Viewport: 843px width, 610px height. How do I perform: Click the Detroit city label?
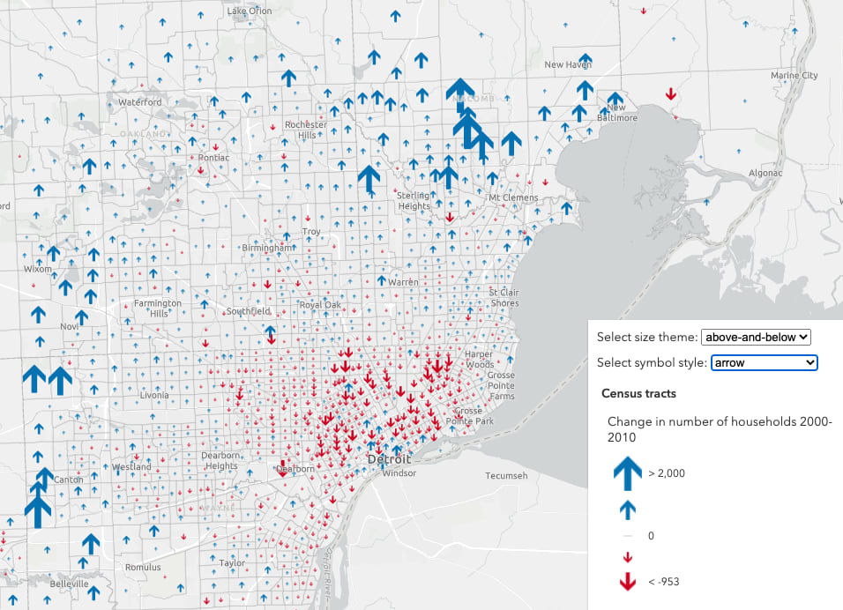pos(389,460)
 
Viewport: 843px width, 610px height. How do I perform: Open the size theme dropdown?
pos(755,337)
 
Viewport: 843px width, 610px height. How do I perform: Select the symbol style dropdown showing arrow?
pos(765,362)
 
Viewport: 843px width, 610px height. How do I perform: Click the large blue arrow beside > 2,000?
pos(627,473)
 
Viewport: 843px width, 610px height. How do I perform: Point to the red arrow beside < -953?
pos(627,581)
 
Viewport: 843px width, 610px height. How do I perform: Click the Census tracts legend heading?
pos(638,393)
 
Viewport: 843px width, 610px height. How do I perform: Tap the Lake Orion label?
pos(250,11)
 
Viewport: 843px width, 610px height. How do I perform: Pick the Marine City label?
pos(794,76)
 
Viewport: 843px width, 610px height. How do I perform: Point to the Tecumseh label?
pos(506,476)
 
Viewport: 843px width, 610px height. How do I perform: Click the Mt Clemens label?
pos(513,197)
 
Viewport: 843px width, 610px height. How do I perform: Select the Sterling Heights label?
pos(413,200)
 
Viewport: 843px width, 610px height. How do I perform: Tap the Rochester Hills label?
pos(306,130)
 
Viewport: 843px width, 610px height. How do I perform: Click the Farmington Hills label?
pos(158,309)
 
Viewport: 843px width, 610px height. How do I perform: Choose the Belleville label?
pos(69,584)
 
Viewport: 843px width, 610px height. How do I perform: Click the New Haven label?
pos(567,65)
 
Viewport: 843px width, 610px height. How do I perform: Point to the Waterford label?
pos(139,102)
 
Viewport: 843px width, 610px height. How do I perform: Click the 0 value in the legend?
pos(651,535)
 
